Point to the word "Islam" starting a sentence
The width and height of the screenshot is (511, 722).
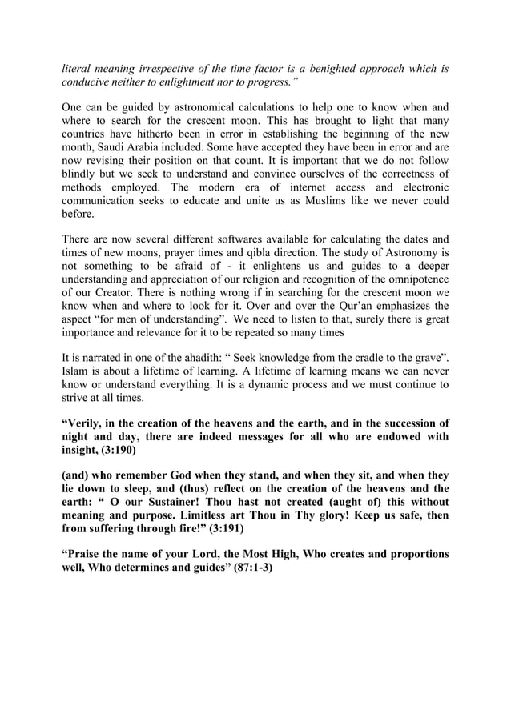pos(77,373)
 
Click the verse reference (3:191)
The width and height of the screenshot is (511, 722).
pos(239,530)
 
